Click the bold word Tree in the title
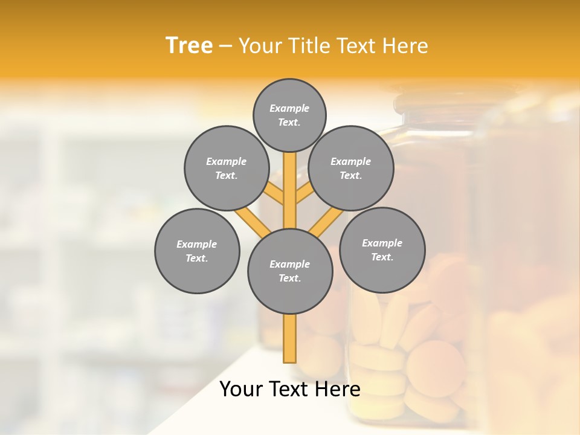click(189, 46)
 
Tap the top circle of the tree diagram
click(289, 115)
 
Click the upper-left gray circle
click(227, 168)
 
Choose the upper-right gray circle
click(351, 168)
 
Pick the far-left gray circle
click(197, 251)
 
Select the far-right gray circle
click(382, 250)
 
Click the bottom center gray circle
click(290, 271)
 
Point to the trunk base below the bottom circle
click(290, 338)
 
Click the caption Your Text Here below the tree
click(290, 389)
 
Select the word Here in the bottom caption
click(338, 389)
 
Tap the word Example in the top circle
click(289, 108)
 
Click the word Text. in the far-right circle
click(382, 257)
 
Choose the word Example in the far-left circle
click(197, 244)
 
